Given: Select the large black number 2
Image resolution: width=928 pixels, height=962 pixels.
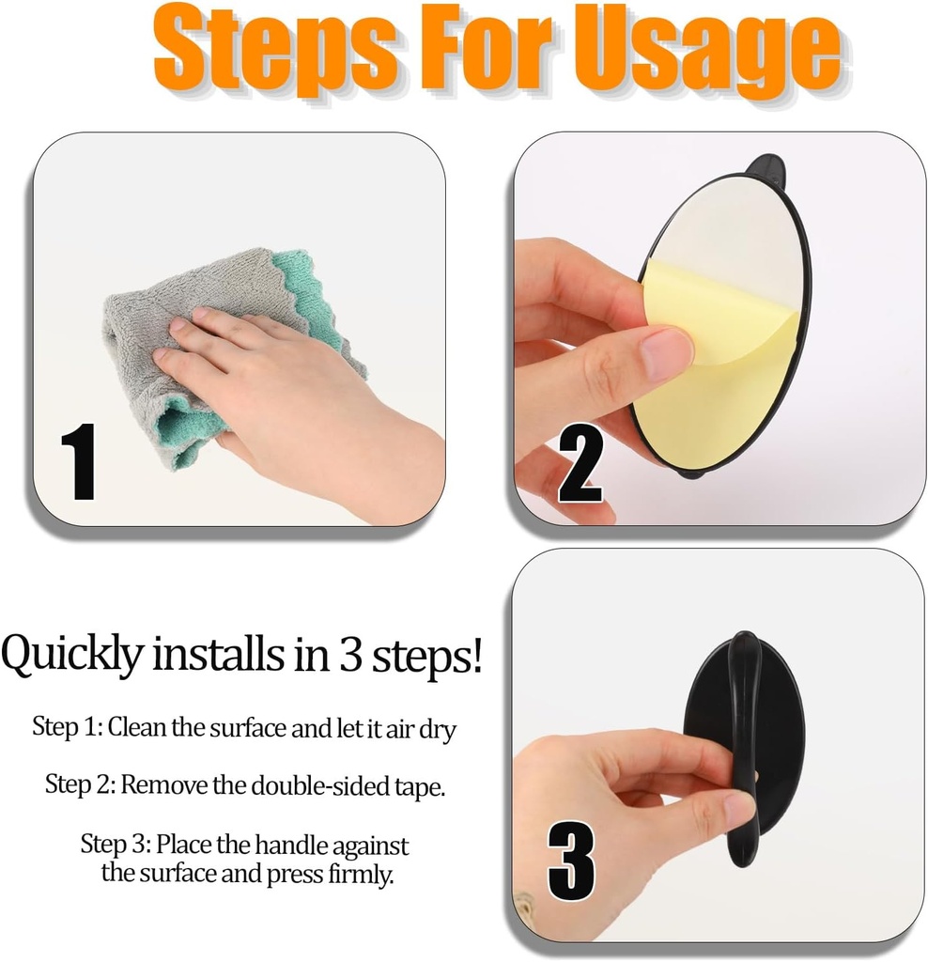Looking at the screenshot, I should [580, 462].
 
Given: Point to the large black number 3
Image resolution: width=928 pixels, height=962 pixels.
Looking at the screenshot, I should [571, 859].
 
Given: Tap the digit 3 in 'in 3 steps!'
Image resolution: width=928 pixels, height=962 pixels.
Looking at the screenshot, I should [351, 656].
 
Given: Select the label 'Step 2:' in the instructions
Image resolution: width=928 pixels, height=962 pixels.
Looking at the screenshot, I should [81, 784].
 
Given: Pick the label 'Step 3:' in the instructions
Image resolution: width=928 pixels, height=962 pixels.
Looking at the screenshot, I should [116, 843].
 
